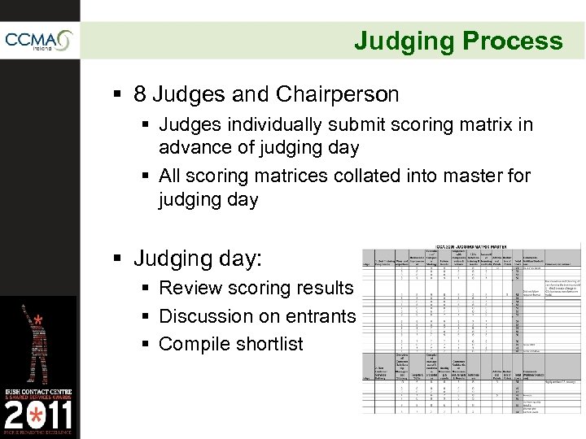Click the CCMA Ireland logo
pos(39,41)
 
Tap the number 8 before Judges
pos(141,95)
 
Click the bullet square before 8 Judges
pos(120,96)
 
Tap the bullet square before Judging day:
pos(120,260)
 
